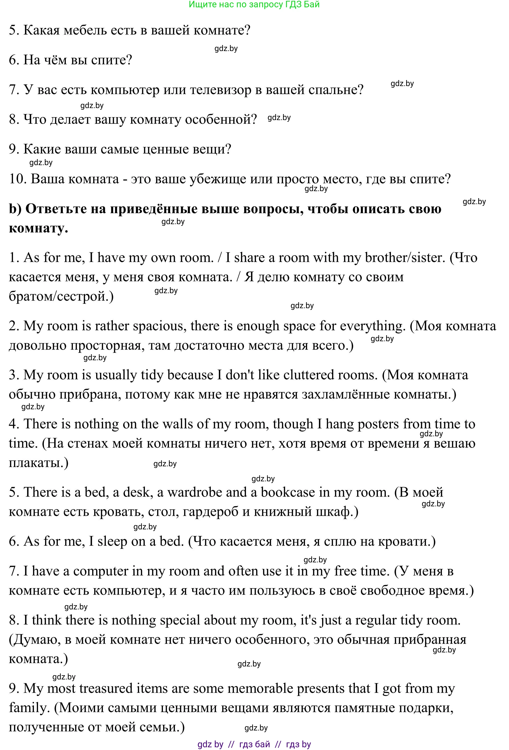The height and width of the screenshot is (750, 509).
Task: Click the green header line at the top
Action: pos(254,5)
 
